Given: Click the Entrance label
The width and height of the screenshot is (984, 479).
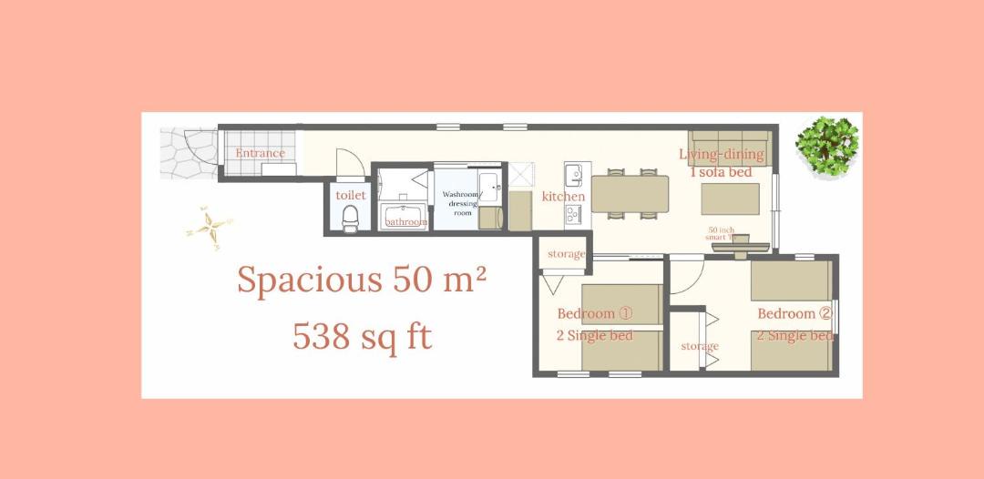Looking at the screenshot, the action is (x=260, y=153).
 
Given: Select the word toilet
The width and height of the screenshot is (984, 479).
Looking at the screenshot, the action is (x=350, y=195).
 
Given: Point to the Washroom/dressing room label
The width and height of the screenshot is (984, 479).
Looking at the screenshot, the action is (x=461, y=203).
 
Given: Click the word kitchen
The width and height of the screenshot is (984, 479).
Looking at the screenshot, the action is (x=564, y=196).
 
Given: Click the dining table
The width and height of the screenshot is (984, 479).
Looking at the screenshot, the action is (x=630, y=194).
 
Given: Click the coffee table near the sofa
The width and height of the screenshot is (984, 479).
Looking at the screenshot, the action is (x=730, y=199).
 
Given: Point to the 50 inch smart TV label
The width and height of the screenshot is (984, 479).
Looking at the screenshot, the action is (x=721, y=233).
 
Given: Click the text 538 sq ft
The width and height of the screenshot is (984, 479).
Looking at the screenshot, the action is (x=362, y=337).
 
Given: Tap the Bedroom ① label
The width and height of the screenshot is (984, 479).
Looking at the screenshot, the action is (x=594, y=313).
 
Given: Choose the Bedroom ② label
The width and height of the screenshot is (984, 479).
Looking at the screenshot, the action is (x=794, y=313).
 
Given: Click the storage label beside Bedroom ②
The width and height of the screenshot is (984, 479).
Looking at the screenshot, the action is (x=700, y=346).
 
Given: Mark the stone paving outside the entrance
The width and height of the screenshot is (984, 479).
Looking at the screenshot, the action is (x=189, y=154).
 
